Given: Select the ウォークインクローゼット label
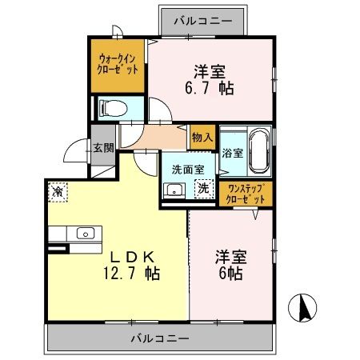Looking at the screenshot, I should tap(118, 63).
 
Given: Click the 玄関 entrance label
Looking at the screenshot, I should tap(102, 146).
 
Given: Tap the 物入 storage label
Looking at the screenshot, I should tap(202, 138).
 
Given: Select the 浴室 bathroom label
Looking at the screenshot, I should tap(232, 152).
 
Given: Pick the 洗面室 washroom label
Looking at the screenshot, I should tap(188, 170).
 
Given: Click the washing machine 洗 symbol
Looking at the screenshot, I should tap(203, 190).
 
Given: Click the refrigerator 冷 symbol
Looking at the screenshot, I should tap(58, 192).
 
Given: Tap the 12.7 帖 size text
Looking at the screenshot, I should tap(132, 273).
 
